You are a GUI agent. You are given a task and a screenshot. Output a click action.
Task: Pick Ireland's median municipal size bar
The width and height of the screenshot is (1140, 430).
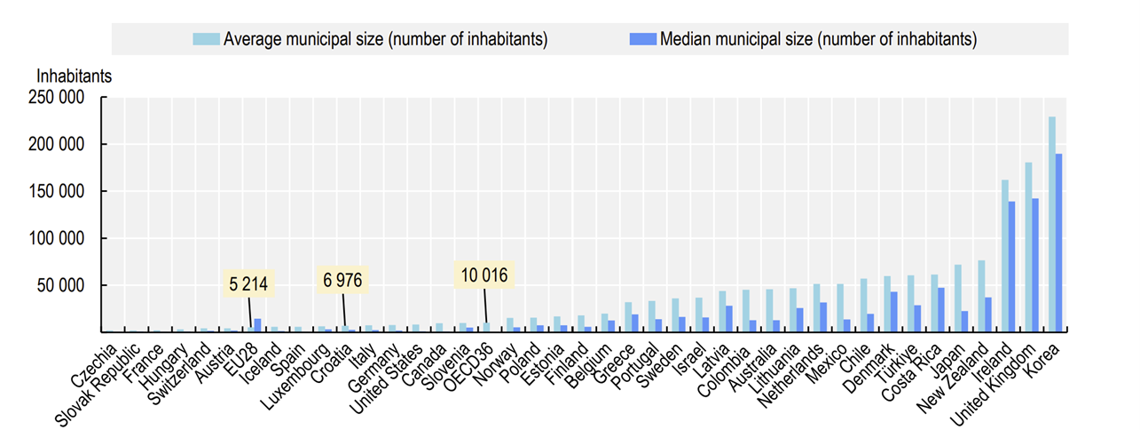[x=1012, y=267]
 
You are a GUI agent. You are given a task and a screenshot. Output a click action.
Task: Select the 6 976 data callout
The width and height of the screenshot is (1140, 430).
[x=342, y=281]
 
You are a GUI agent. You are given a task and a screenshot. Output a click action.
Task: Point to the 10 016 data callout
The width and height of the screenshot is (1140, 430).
[x=483, y=275]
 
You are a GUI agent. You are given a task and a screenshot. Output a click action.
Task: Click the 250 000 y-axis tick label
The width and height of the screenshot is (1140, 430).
[x=60, y=98]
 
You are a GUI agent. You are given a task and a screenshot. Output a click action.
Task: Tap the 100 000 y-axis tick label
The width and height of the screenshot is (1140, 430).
[x=60, y=239]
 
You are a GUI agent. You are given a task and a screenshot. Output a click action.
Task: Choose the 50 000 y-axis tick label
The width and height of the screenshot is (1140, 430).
[x=65, y=286]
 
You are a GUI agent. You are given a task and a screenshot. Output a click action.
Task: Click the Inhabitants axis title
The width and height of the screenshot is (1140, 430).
[x=74, y=76]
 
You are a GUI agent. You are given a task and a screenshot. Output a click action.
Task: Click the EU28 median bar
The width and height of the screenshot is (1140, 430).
[x=257, y=326]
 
